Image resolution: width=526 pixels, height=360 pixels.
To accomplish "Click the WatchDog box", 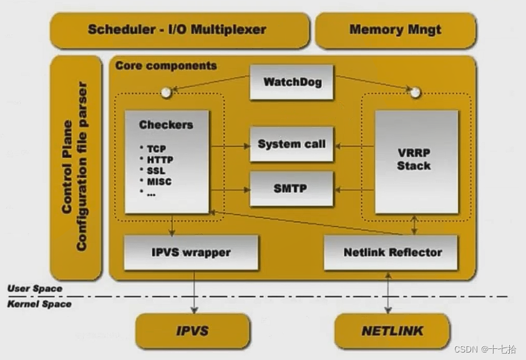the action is click(291, 82).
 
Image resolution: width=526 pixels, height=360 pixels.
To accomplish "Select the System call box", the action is click(291, 144).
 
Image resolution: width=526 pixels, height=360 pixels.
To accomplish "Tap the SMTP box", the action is click(291, 188).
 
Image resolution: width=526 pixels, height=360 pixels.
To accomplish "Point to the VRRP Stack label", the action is click(414, 159).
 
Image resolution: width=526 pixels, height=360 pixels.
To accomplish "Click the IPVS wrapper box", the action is click(191, 252).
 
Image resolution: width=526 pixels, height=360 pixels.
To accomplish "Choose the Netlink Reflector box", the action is click(391, 252).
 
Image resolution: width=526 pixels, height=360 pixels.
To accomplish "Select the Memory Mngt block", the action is click(396, 30).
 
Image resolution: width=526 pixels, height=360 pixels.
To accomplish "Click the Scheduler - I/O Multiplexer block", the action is click(180, 30).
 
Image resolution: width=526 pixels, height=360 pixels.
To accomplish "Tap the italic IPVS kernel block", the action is click(193, 331).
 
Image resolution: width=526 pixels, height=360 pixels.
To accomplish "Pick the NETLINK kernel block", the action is click(392, 331).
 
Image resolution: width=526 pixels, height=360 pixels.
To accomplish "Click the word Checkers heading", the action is click(166, 125).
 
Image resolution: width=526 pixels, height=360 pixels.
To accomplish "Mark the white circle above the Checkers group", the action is click(166, 92).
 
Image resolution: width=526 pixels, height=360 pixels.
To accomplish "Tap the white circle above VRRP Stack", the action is click(416, 92).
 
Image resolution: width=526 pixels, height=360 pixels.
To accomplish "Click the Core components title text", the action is click(166, 66).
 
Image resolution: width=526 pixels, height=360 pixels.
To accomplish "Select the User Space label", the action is click(35, 288).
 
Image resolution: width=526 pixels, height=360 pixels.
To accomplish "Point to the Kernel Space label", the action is click(39, 304).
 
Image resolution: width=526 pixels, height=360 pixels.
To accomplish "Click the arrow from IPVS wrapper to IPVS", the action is click(194, 292).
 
